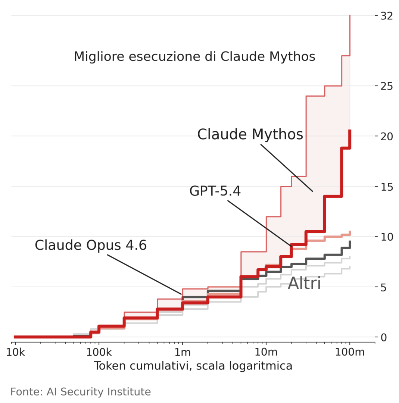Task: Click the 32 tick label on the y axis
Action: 386,16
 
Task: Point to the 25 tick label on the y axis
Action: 386,86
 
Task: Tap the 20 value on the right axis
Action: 386,136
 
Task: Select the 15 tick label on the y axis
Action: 386,187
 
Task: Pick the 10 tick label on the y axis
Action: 386,237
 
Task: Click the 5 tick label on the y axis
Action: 384,287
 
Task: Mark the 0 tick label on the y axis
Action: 384,337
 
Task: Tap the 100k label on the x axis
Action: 99,352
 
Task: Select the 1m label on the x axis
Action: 183,352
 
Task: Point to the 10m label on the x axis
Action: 266,352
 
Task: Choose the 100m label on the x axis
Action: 349,352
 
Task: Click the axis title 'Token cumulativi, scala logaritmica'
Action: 193,366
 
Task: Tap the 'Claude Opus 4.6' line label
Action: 91,246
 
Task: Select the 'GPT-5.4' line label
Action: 215,191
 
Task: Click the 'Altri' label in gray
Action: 304,284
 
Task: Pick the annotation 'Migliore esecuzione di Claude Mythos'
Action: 194,57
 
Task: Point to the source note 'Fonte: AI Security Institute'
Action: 81,392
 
